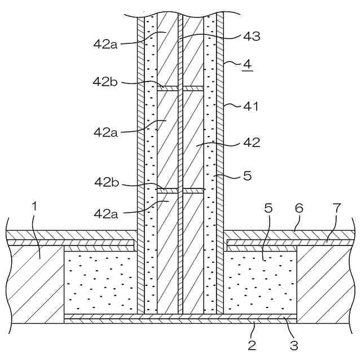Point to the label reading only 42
[252, 143]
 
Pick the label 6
[299, 208]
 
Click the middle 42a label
[106, 133]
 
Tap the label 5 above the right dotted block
[268, 208]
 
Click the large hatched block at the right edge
[327, 282]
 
